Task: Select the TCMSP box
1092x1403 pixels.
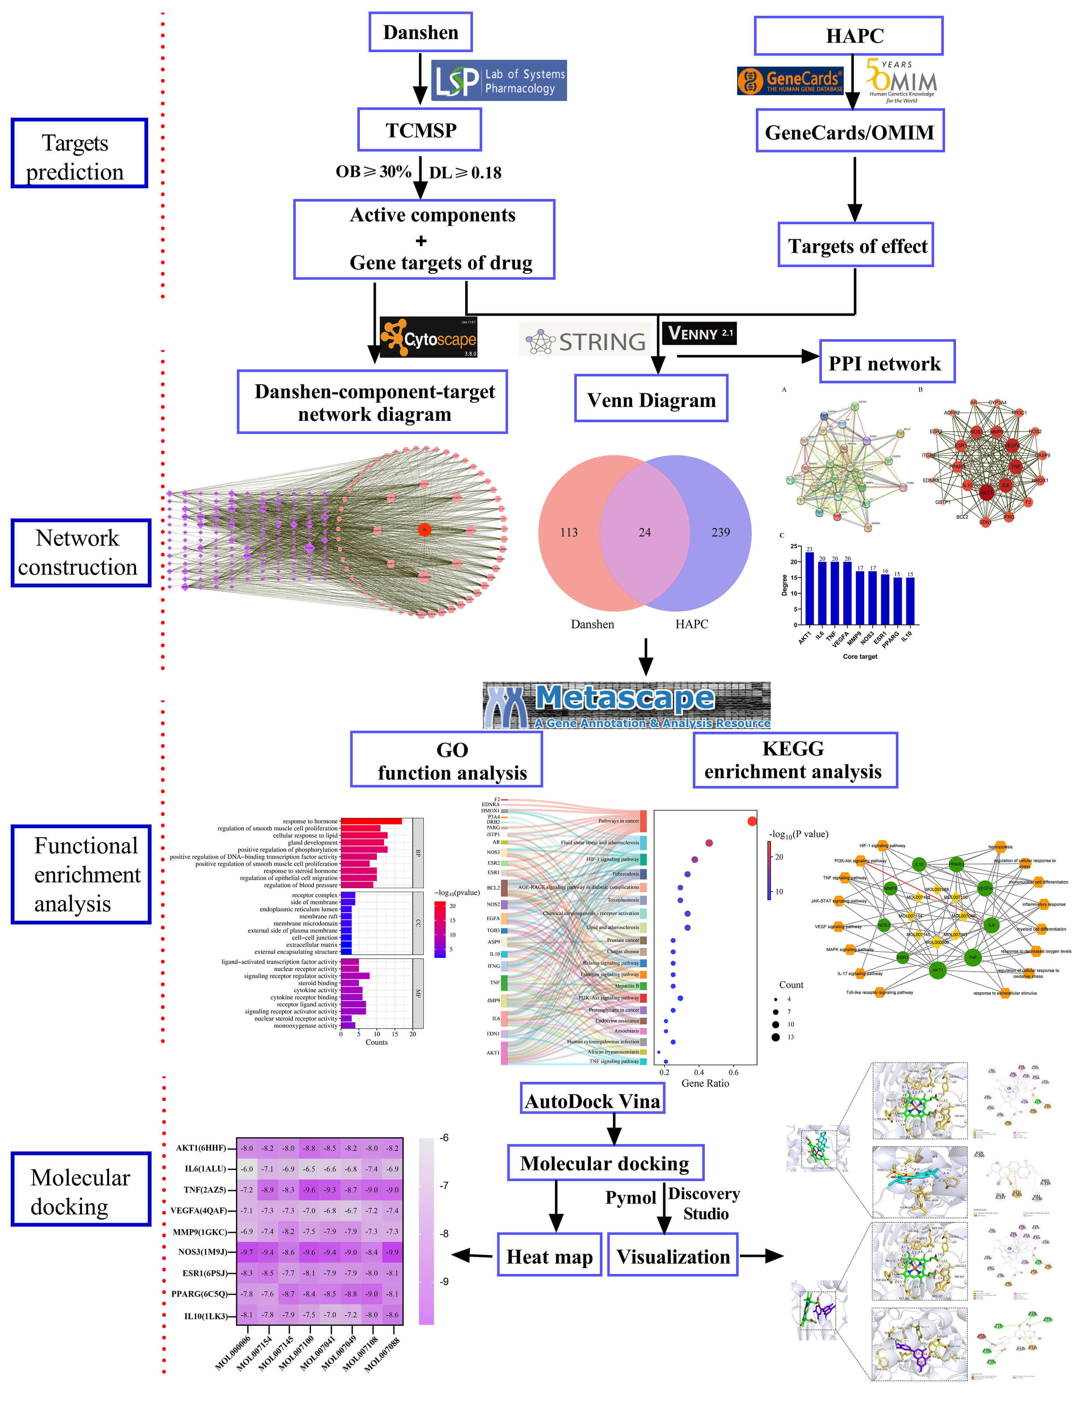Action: tap(420, 130)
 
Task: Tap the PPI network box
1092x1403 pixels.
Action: tap(886, 363)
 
